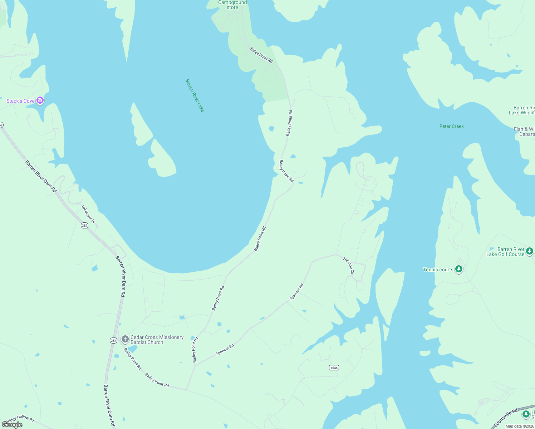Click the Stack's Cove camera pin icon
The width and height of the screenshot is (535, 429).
tap(40, 100)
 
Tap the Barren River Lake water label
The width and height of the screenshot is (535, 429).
tap(195, 95)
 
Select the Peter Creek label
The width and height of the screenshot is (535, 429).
tap(451, 126)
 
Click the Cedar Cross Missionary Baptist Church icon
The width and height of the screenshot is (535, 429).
tap(125, 339)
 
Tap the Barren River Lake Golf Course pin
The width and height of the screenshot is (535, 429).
tap(530, 251)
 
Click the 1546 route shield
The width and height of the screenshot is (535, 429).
tap(334, 368)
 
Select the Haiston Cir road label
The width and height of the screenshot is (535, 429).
tap(349, 266)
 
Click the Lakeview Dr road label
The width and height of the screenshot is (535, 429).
tap(88, 214)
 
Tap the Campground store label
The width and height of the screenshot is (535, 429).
tap(232, 5)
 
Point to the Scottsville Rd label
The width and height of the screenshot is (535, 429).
tap(505, 418)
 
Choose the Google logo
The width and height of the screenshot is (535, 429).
tap(12, 425)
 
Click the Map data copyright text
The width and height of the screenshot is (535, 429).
tap(520, 426)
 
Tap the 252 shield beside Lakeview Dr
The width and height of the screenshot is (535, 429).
tap(84, 225)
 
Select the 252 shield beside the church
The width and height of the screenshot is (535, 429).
tap(113, 341)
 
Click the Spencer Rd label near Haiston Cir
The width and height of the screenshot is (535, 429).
tap(296, 292)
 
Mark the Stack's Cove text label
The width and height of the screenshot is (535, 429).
tap(20, 101)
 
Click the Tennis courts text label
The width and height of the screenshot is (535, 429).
tap(438, 270)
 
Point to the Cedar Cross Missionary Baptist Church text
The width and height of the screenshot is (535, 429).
tap(157, 340)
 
